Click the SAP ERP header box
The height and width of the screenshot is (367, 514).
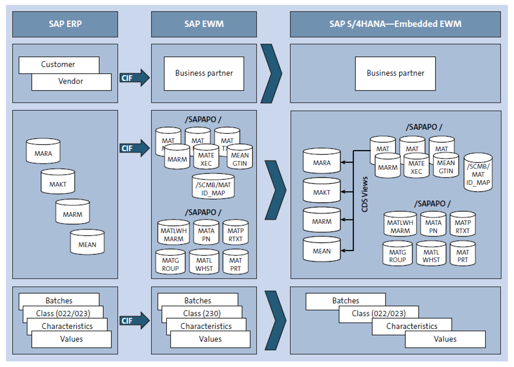(65, 24)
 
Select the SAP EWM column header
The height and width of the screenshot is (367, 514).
(204, 24)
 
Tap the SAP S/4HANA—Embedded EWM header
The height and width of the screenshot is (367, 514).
(395, 24)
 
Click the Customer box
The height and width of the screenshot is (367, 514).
(58, 64)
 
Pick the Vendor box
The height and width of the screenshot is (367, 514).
(71, 81)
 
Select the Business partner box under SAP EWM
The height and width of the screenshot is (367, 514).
(204, 73)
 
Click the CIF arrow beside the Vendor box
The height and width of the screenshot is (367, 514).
(134, 78)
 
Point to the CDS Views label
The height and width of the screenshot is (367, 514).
(365, 194)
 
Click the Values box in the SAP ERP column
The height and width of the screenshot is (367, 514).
(71, 339)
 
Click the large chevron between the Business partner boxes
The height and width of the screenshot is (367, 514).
(271, 73)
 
